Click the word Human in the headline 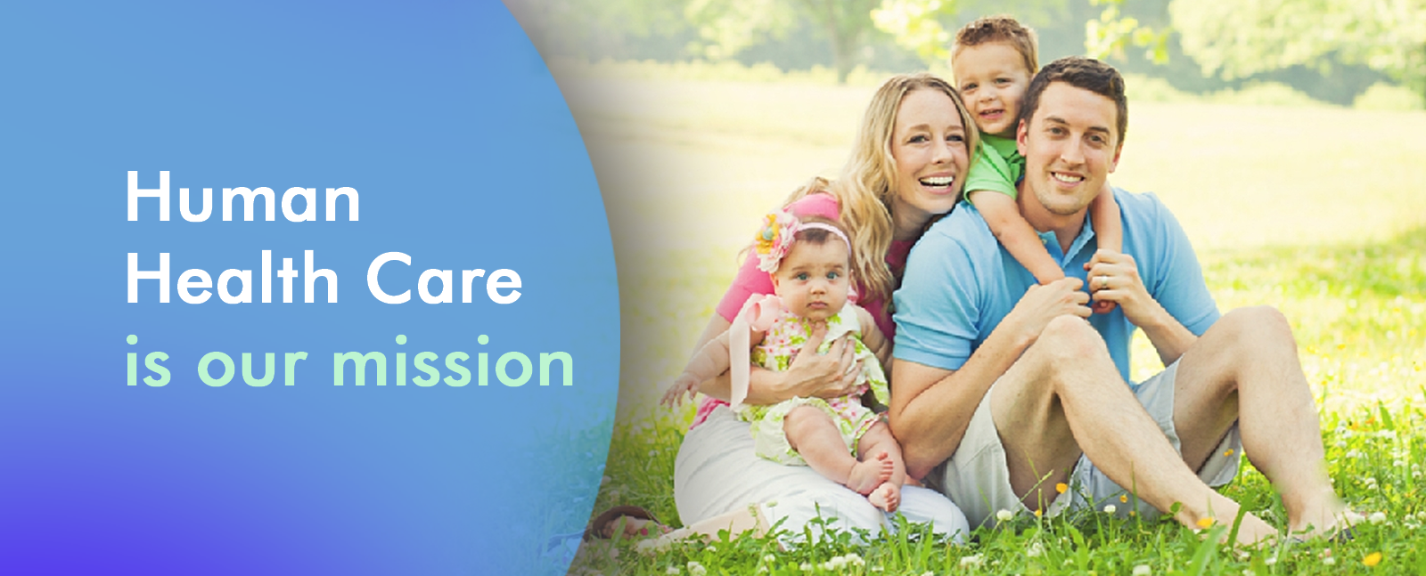(243, 196)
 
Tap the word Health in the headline (232, 277)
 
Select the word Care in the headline (445, 278)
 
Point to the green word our (253, 366)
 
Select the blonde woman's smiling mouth (937, 183)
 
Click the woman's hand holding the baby (821, 368)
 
